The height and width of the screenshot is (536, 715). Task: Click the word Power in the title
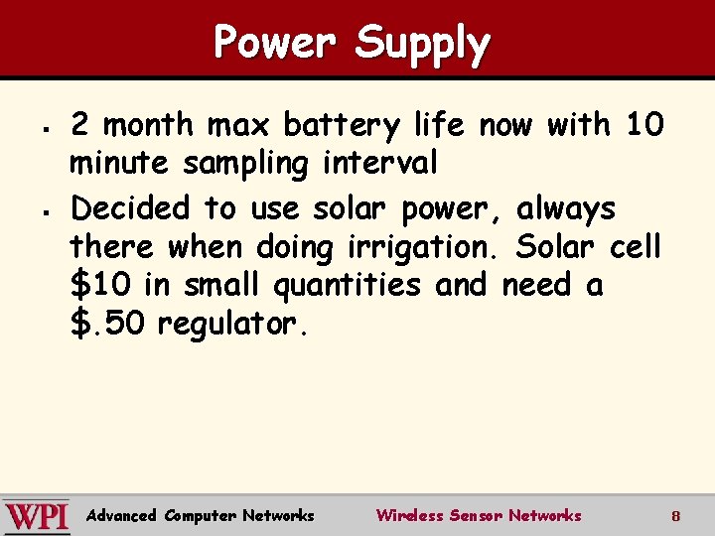277,43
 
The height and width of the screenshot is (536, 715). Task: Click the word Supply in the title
422,45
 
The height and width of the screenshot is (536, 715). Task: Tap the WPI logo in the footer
37,516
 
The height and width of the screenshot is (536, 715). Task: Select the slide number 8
675,516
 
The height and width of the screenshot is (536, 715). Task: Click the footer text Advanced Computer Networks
200,515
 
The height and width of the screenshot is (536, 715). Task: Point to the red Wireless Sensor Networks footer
478,515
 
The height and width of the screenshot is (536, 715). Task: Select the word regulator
234,325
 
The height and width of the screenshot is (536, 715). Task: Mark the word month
149,126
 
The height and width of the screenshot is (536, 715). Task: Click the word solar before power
356,208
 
